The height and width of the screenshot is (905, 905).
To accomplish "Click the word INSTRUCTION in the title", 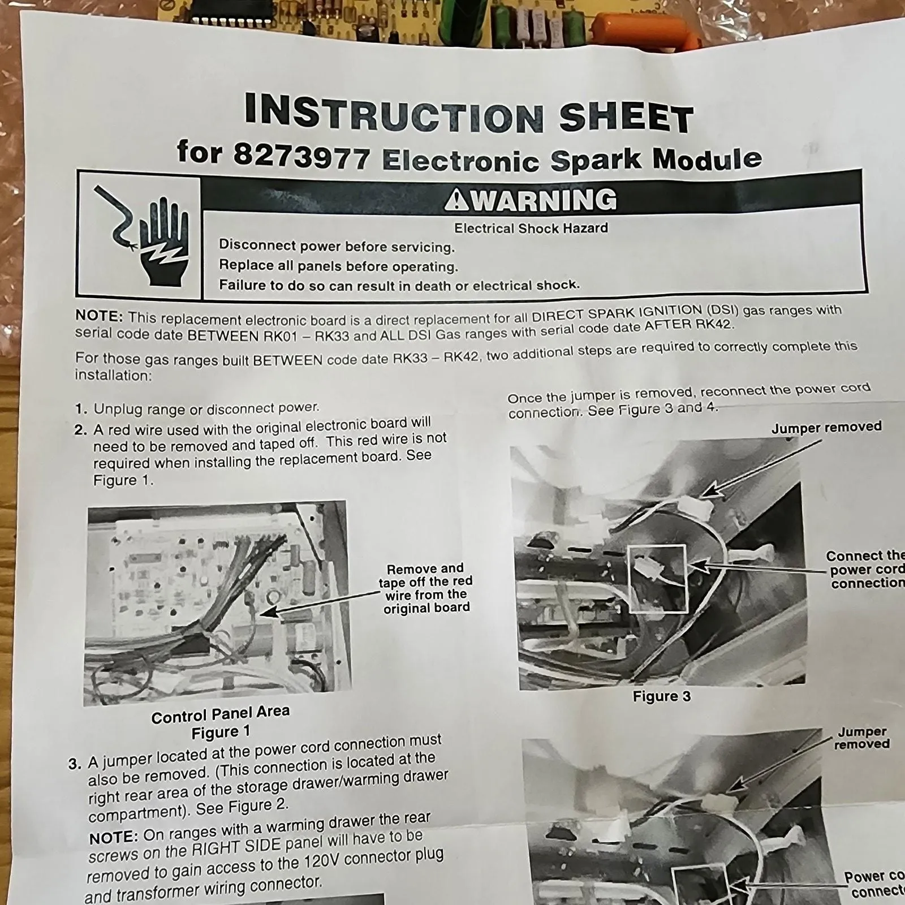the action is tap(394, 113).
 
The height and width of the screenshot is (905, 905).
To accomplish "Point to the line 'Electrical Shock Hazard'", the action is tap(531, 229).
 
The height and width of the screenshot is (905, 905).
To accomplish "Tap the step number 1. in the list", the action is tap(81, 410).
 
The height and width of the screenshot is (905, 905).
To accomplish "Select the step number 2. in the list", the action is tap(81, 430).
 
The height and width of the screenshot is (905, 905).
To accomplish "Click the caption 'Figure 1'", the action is tap(221, 732).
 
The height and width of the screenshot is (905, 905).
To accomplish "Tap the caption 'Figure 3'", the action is tap(662, 696).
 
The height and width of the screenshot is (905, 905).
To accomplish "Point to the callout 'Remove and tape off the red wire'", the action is tap(425, 588).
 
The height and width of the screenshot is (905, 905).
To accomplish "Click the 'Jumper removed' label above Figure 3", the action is tap(826, 428).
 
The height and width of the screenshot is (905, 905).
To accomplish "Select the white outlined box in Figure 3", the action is tap(657, 578).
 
